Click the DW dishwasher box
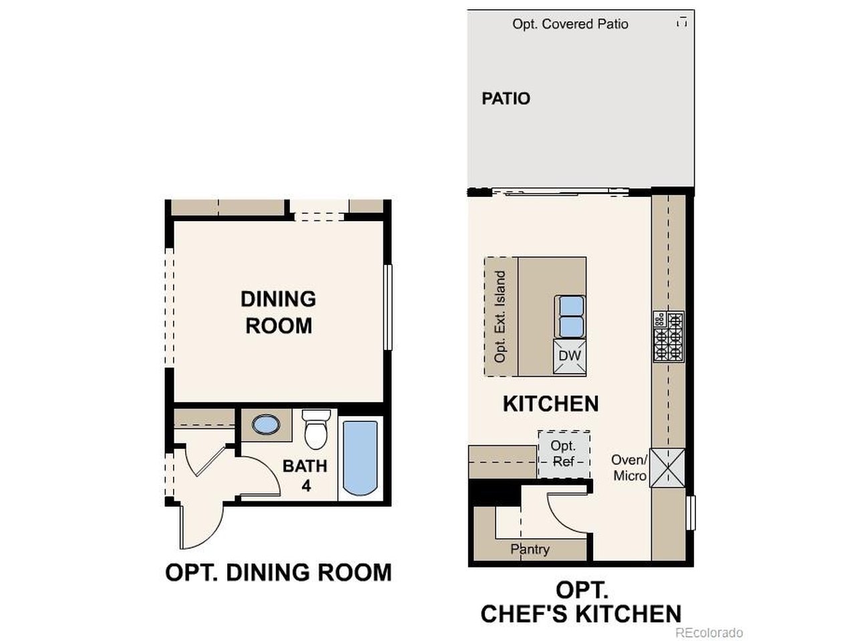pyautogui.click(x=570, y=357)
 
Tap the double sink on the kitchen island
pyautogui.click(x=570, y=316)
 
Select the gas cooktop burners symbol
pyautogui.click(x=669, y=337)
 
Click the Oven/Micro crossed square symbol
pyautogui.click(x=669, y=467)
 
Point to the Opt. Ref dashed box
pyautogui.click(x=564, y=454)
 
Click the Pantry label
pyautogui.click(x=530, y=549)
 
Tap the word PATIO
pyautogui.click(x=506, y=99)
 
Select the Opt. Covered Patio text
pyautogui.click(x=570, y=24)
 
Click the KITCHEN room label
pyautogui.click(x=550, y=404)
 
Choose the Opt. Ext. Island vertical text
pyautogui.click(x=500, y=316)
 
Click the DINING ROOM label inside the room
pyautogui.click(x=278, y=312)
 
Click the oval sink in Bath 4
pyautogui.click(x=266, y=425)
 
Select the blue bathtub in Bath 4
pyautogui.click(x=361, y=457)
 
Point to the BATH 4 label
pyautogui.click(x=305, y=475)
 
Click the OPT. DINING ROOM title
pyautogui.click(x=278, y=572)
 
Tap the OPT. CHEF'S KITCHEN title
pyautogui.click(x=581, y=602)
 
